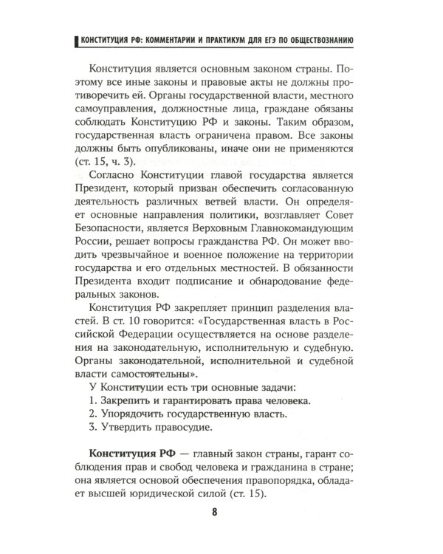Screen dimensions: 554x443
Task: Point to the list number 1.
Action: pyautogui.click(x=92, y=399)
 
